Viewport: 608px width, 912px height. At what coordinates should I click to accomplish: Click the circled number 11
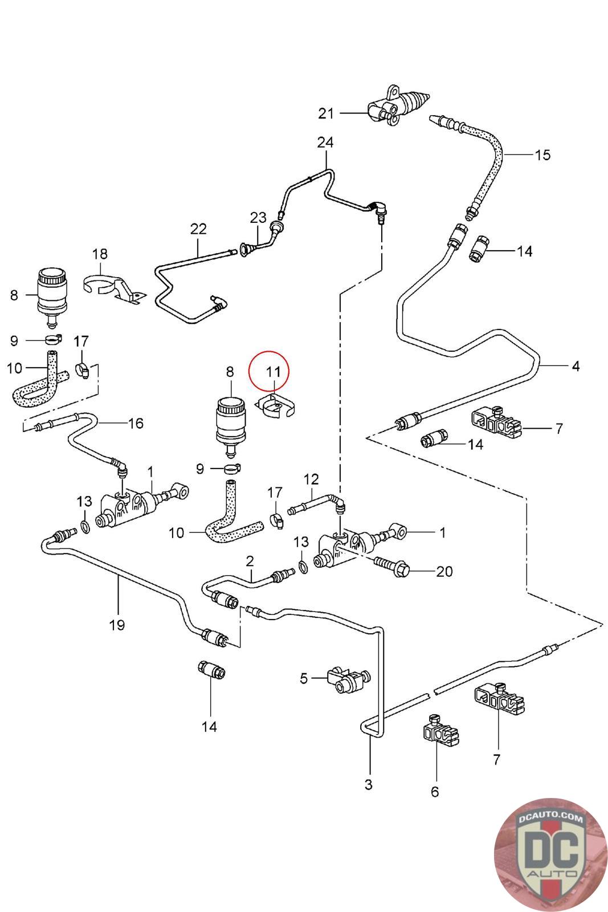(274, 372)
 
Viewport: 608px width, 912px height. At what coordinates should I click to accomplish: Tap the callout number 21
(326, 113)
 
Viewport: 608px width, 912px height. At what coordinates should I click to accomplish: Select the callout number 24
(325, 142)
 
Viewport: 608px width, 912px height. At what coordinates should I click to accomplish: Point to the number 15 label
(543, 154)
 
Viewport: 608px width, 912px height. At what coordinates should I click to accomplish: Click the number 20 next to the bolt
(444, 571)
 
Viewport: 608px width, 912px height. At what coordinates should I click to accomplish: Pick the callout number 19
(117, 625)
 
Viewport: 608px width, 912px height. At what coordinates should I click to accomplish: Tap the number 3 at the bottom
(368, 784)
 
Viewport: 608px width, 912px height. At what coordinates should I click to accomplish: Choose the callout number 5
(304, 678)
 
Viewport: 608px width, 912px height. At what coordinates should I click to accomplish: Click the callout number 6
(435, 791)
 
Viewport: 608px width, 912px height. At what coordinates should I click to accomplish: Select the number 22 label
(198, 229)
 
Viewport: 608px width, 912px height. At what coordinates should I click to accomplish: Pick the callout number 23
(258, 217)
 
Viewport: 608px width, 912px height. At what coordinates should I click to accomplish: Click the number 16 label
(136, 423)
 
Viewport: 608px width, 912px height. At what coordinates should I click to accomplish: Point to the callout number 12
(311, 479)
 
